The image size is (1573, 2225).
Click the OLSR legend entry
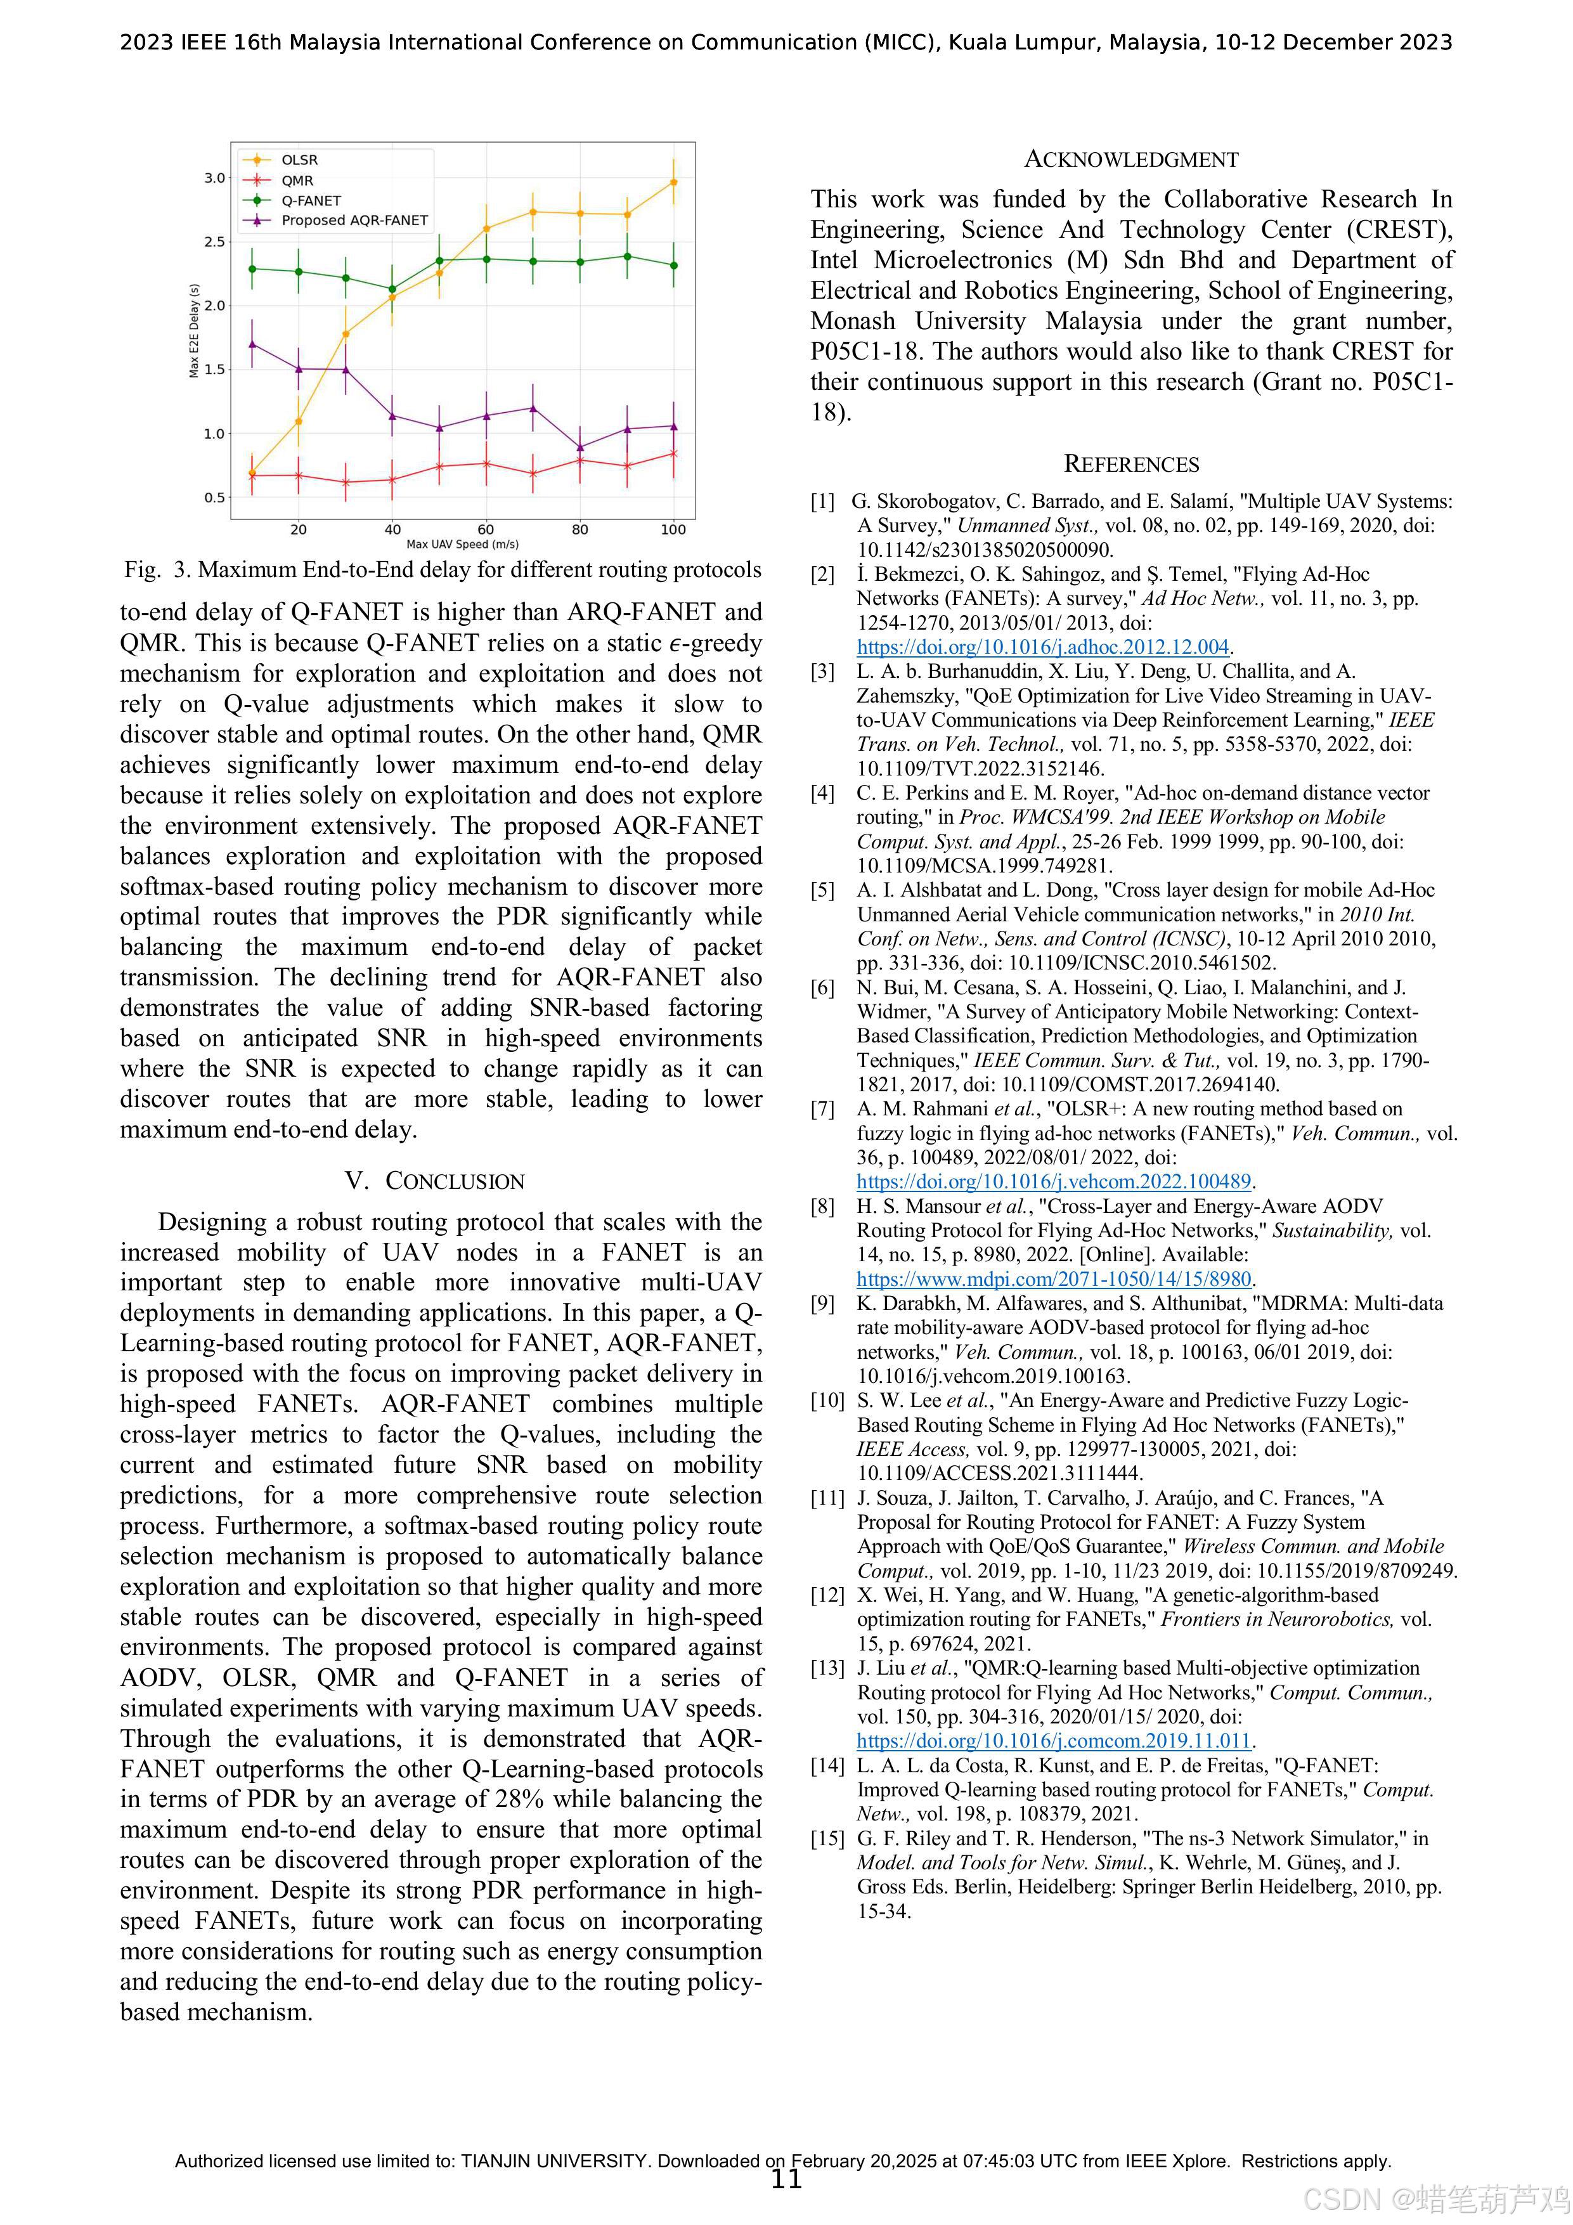299,160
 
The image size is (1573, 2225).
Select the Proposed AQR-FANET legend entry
354,221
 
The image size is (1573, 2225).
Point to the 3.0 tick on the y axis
214,178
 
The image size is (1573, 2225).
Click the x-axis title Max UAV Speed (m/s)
462,545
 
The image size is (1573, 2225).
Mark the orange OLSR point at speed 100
673,182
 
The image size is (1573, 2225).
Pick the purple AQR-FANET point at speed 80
579,448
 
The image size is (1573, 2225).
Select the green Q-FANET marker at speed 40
392,289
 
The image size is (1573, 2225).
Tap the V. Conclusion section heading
434,1181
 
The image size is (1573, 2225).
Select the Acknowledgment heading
1131,160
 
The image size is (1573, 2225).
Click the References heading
1131,464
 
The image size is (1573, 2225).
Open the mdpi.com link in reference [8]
1054,1279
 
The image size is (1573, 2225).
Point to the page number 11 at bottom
786,2179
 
